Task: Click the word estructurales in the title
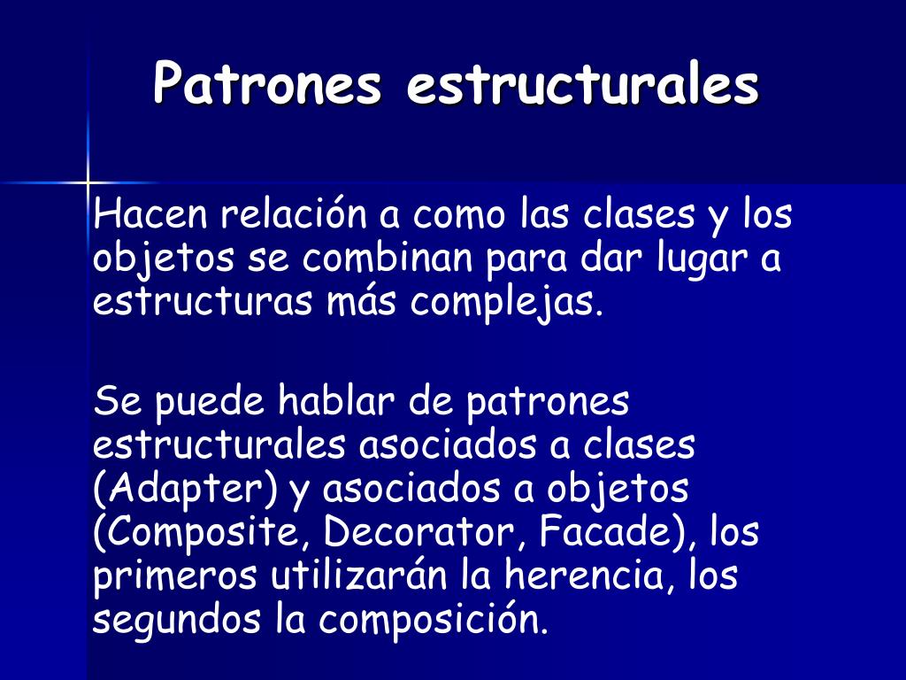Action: (x=583, y=85)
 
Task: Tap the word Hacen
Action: (x=150, y=214)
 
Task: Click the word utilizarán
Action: (x=364, y=576)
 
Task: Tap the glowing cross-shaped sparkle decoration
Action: (x=88, y=182)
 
